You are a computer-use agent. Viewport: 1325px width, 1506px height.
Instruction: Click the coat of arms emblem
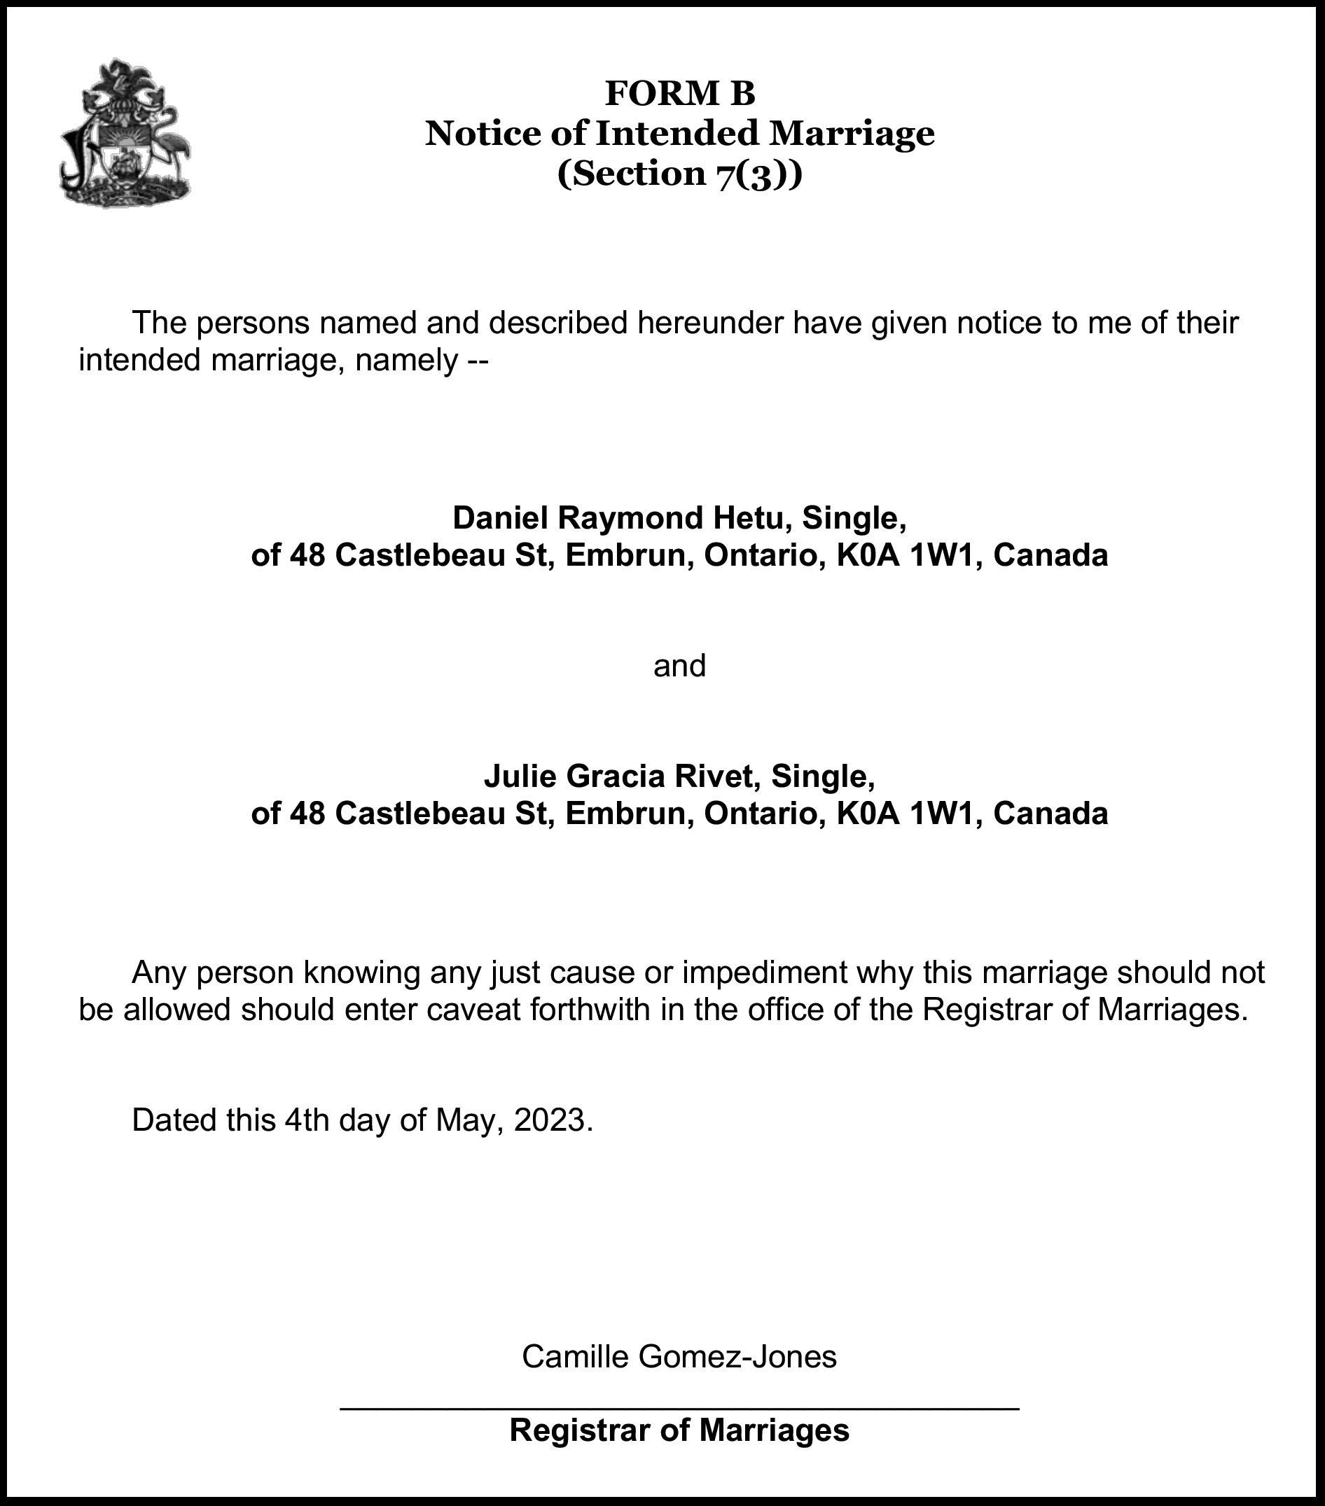tap(125, 133)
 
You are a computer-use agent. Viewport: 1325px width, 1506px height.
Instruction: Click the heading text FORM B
tap(679, 94)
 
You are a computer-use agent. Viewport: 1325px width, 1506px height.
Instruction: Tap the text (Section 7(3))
tap(679, 174)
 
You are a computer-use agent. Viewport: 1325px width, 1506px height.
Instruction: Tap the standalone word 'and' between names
tap(679, 666)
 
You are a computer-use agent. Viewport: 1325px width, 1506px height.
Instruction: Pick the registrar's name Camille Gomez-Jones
tap(679, 1356)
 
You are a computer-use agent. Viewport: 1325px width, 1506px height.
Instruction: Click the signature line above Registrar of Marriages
tap(679, 1409)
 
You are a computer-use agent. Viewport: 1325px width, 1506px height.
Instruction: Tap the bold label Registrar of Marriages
tap(679, 1431)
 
